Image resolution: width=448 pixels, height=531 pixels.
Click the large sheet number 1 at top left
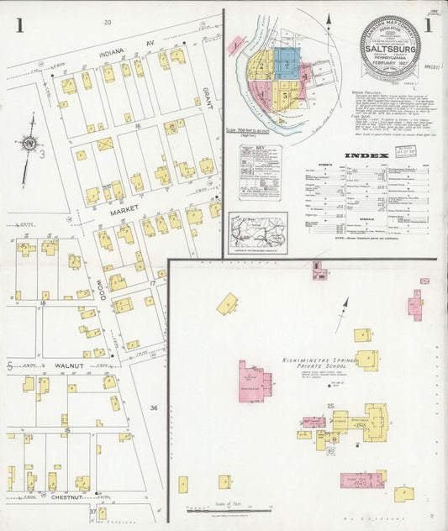tap(18, 24)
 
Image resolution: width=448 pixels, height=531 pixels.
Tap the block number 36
tap(154, 407)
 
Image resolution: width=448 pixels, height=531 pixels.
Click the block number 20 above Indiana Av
tap(107, 21)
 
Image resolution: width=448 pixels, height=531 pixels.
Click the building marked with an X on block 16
tap(106, 145)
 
